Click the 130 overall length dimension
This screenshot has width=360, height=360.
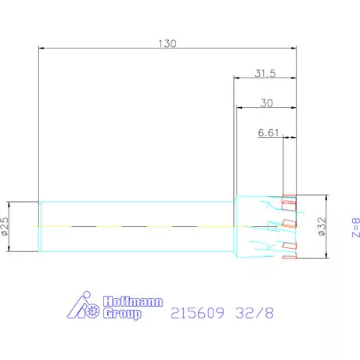[167, 43]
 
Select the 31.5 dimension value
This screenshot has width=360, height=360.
[265, 74]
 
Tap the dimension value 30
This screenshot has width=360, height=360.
[267, 103]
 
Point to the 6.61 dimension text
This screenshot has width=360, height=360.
[268, 133]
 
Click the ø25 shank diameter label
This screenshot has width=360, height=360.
[5, 226]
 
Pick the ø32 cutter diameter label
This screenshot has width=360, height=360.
[322, 226]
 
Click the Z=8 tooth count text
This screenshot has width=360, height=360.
[356, 228]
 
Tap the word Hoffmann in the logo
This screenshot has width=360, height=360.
[133, 301]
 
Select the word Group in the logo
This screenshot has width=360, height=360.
[122, 314]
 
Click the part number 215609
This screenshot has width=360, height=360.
[197, 313]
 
